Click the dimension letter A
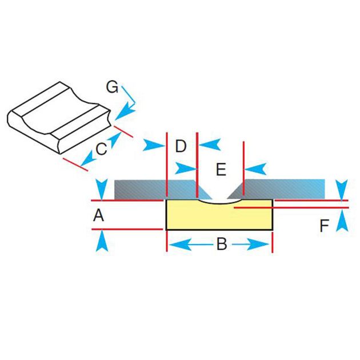(x=98, y=215)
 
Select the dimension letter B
(x=221, y=245)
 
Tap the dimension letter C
(x=101, y=150)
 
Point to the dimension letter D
(x=181, y=146)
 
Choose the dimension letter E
(x=221, y=169)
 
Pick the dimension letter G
(x=113, y=87)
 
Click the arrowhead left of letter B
(x=178, y=245)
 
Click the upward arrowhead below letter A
(x=101, y=241)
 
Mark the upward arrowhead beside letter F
(x=341, y=221)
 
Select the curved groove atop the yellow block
(x=219, y=202)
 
